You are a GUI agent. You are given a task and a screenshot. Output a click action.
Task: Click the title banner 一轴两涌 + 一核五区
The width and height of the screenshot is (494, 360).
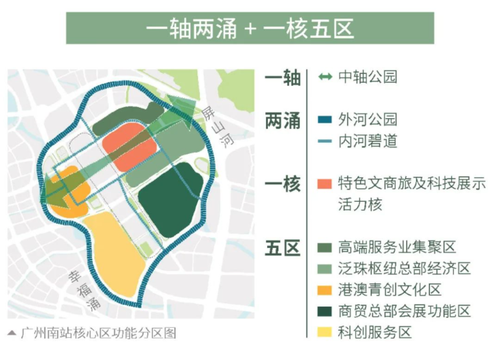250,28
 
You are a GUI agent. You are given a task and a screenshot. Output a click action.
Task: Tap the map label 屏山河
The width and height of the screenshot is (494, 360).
217,127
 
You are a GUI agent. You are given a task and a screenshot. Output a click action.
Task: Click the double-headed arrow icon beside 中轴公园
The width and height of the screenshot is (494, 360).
325,77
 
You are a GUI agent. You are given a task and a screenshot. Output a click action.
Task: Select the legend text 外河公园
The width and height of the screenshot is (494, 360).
367,120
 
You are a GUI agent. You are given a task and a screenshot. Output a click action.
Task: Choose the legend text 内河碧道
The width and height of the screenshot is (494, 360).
367,141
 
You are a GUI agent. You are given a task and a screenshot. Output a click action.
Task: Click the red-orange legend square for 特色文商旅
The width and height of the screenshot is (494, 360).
325,184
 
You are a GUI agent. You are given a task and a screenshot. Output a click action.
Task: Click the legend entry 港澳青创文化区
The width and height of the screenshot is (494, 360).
390,290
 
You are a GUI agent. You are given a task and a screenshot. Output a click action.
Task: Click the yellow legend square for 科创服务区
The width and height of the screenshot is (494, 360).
325,332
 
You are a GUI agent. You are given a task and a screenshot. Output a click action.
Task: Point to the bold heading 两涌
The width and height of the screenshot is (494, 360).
283,121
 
